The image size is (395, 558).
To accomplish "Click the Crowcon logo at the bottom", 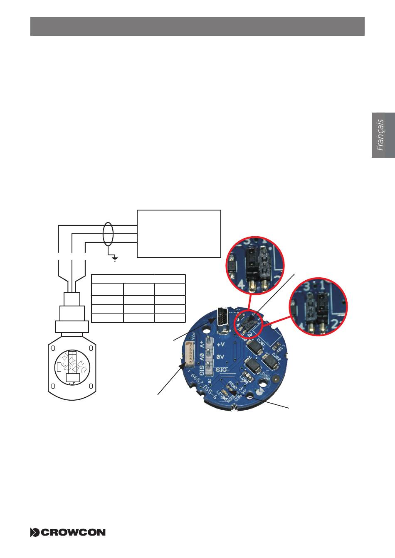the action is point(68,532).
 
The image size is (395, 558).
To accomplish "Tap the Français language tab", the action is point(383,135).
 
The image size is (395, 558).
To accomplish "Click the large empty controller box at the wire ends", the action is point(179,233).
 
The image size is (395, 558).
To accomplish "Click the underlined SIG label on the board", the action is point(223,370).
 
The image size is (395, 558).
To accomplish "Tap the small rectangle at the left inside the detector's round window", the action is point(59,367).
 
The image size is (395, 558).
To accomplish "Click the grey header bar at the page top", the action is point(197,26).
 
